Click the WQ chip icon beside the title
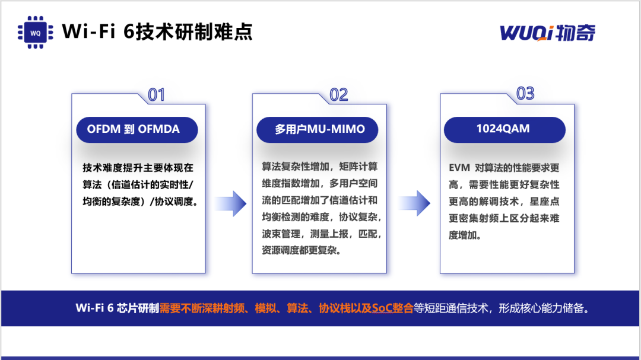click(35, 32)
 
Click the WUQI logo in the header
click(548, 33)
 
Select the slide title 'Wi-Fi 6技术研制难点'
click(157, 31)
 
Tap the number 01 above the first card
click(156, 95)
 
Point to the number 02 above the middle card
click(338, 95)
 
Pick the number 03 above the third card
click(525, 94)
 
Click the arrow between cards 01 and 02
click(230, 203)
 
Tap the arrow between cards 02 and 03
click(414, 203)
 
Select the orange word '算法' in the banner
click(297, 308)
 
